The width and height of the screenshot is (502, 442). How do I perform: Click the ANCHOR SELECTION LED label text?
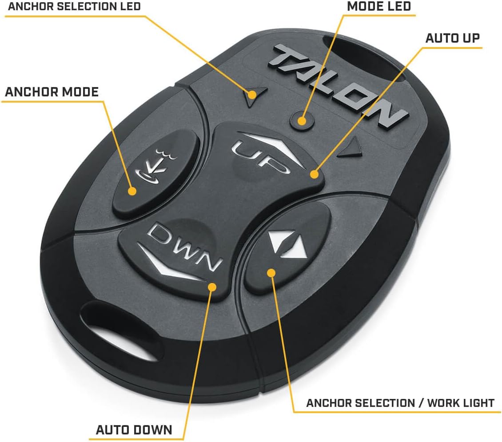click(74, 7)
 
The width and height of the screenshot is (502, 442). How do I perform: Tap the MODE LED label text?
click(378, 7)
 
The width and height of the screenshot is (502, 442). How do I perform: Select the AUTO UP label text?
click(452, 38)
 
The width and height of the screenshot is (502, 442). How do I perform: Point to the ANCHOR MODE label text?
click(52, 92)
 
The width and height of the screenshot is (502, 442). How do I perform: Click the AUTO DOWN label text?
click(134, 430)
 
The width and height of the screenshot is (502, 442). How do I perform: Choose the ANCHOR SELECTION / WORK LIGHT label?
click(400, 403)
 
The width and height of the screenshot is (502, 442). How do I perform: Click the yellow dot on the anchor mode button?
click(132, 191)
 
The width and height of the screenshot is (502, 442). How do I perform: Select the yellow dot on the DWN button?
click(212, 287)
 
